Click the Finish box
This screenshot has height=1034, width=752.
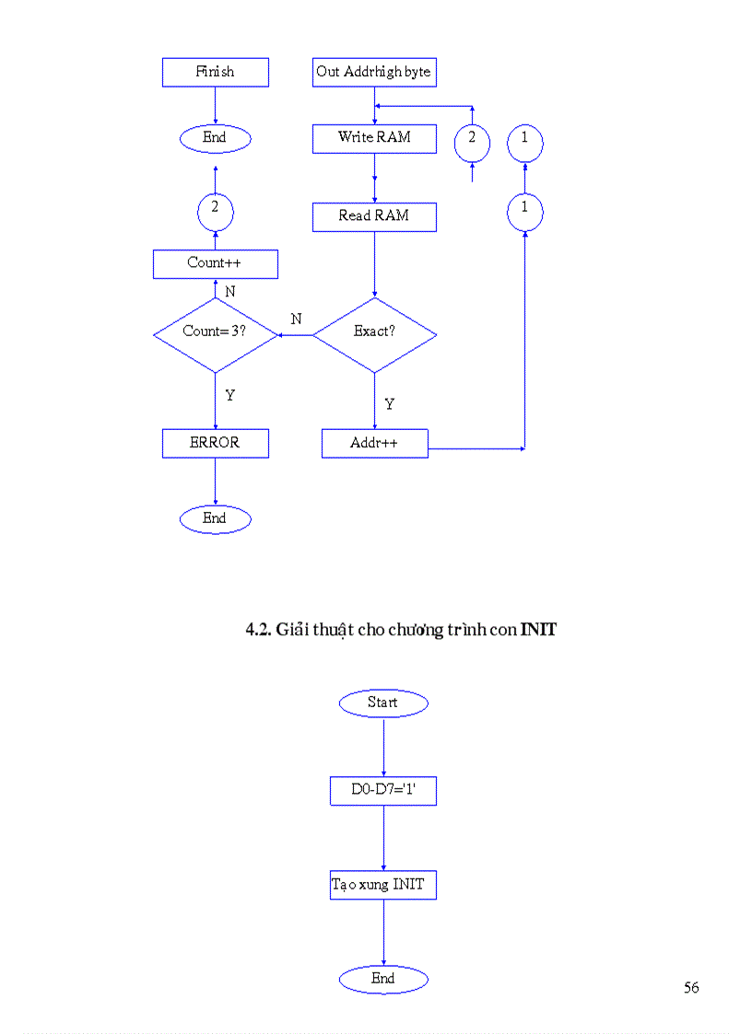[215, 72]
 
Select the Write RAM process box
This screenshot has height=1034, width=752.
[374, 138]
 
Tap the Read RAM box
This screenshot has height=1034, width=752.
[374, 216]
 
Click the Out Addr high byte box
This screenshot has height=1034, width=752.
[374, 72]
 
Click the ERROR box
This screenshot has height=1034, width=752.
[215, 443]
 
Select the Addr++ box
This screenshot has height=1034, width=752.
[374, 444]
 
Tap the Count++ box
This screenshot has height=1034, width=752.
[215, 264]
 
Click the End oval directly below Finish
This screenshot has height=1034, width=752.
[215, 138]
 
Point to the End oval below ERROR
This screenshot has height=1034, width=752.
[215, 519]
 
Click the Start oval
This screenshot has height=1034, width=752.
[382, 703]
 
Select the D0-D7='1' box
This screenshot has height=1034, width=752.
[382, 791]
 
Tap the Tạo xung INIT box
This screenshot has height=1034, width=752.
[382, 885]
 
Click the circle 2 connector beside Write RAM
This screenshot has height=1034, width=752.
[472, 142]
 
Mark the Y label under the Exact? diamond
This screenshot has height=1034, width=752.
[390, 404]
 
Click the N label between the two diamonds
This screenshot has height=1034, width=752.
[296, 319]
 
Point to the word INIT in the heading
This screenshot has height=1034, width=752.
[538, 631]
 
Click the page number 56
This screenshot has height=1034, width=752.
[691, 988]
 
